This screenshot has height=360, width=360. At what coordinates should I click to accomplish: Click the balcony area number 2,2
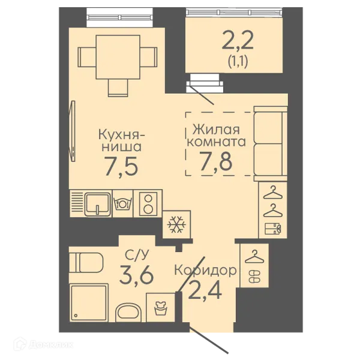click(238, 41)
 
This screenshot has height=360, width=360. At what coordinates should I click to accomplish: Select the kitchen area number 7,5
click(122, 166)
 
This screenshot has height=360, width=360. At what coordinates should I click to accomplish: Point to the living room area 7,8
click(216, 161)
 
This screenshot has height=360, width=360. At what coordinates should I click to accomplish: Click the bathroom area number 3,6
click(136, 274)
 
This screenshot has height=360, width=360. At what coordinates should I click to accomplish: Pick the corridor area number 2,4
click(205, 290)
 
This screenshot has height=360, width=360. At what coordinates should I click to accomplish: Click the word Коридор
click(205, 270)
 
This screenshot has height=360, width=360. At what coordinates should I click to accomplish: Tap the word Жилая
click(216, 129)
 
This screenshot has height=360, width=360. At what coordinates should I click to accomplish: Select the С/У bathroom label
click(137, 254)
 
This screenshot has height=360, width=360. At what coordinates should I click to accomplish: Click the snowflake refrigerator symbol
click(176, 224)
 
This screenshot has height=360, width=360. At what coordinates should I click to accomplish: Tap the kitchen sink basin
click(98, 204)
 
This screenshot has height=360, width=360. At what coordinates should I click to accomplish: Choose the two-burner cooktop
click(148, 203)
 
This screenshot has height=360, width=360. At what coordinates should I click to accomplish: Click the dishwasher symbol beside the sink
click(122, 203)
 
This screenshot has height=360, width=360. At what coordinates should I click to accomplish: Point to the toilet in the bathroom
click(86, 262)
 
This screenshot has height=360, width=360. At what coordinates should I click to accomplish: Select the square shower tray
click(89, 303)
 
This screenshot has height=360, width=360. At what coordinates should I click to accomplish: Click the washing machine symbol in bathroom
click(160, 308)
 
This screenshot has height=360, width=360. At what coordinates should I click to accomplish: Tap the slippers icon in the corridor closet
click(254, 277)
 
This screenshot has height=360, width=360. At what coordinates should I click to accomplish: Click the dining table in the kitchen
click(118, 57)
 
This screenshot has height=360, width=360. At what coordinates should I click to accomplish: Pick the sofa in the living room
click(271, 144)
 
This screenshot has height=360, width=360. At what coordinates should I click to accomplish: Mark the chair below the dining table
click(118, 88)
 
